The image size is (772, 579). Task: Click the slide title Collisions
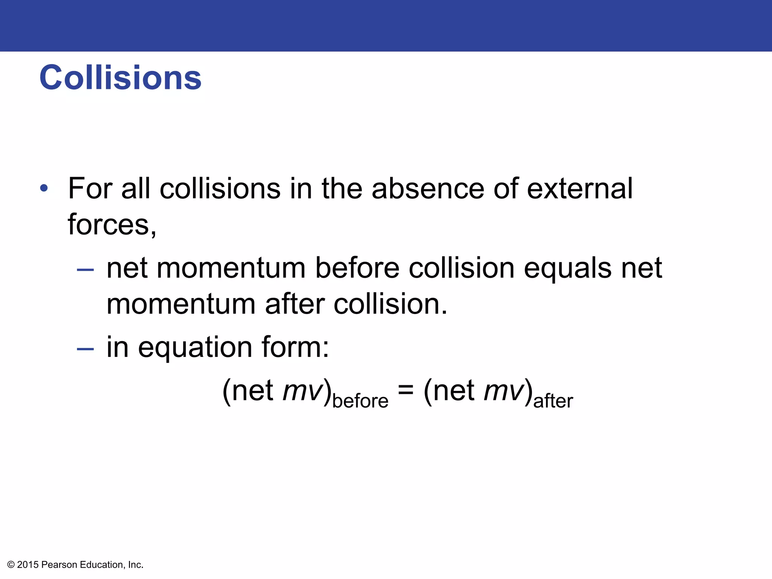coord(120,78)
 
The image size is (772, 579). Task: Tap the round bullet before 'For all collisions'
coord(44,188)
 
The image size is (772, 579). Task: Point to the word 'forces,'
coord(112,225)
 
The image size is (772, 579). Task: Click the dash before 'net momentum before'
coord(85,270)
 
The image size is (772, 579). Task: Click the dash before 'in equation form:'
coord(85,349)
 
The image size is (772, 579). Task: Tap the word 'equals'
coord(568,269)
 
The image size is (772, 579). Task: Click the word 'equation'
coord(195,348)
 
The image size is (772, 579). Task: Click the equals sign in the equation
coord(406,390)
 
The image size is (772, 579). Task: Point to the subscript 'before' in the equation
coord(360,401)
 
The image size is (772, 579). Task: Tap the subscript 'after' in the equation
coord(553,401)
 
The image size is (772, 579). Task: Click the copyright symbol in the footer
coord(11,565)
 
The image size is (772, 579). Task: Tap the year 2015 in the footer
coord(28,565)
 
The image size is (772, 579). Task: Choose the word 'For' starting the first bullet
coord(90,188)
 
